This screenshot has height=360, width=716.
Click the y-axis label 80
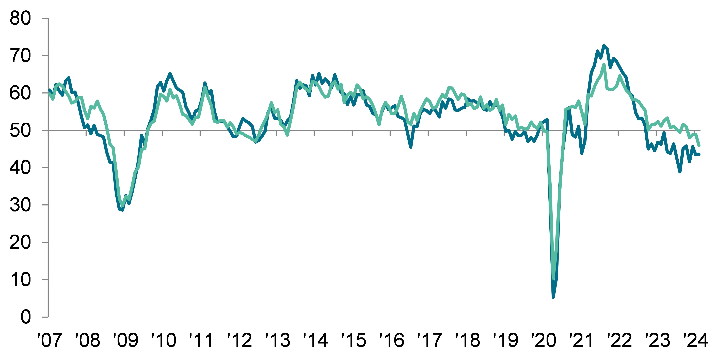(x=20, y=19)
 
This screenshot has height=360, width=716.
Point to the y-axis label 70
(x=20, y=56)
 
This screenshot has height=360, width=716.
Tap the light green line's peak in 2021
(x=604, y=64)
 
